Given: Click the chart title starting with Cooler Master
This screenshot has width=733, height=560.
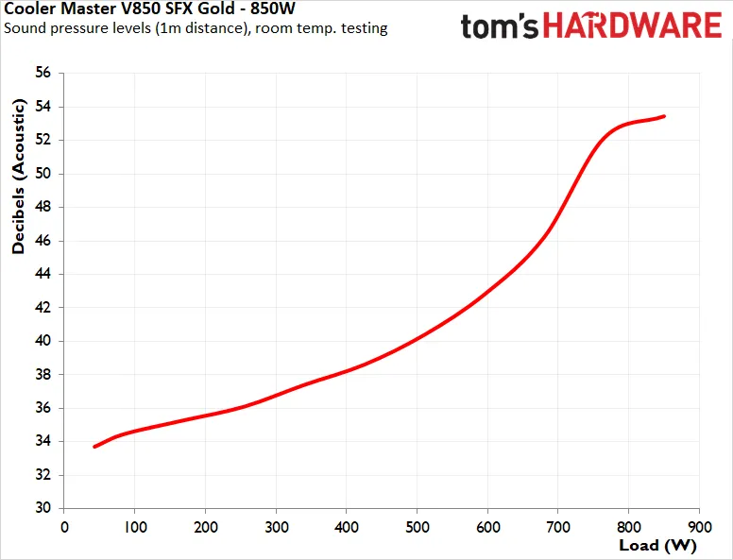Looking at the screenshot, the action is click(149, 8).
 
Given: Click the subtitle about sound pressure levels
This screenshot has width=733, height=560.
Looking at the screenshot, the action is click(196, 28).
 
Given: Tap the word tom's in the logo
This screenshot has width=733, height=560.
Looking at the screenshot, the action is click(499, 25).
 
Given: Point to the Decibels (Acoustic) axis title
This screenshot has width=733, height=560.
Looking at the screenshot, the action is click(18, 177).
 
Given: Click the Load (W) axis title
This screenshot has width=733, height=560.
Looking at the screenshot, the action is click(657, 545).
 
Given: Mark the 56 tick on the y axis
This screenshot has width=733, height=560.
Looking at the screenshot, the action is click(43, 73).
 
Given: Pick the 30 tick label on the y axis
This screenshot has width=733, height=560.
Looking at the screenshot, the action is click(43, 508).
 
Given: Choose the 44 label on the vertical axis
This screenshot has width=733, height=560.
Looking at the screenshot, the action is click(43, 274).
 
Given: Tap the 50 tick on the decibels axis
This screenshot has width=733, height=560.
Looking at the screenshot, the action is click(43, 174).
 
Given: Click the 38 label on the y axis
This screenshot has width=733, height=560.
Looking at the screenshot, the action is click(43, 374).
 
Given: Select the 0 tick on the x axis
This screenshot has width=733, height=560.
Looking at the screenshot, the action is click(64, 527).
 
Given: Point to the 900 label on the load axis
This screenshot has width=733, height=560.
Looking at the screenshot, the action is click(699, 527).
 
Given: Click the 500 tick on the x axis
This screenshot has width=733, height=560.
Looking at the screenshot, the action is click(417, 527).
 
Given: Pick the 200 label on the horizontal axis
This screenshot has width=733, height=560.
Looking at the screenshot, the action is click(206, 527).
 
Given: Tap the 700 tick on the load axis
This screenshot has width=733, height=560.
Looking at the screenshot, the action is click(558, 527).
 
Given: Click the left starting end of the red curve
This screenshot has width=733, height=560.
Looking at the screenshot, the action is click(94, 447).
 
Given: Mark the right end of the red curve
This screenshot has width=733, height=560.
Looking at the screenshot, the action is click(664, 116).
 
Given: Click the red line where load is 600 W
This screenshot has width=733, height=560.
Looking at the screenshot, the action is click(487, 292).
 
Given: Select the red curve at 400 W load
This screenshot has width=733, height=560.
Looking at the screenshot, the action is click(347, 371).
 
